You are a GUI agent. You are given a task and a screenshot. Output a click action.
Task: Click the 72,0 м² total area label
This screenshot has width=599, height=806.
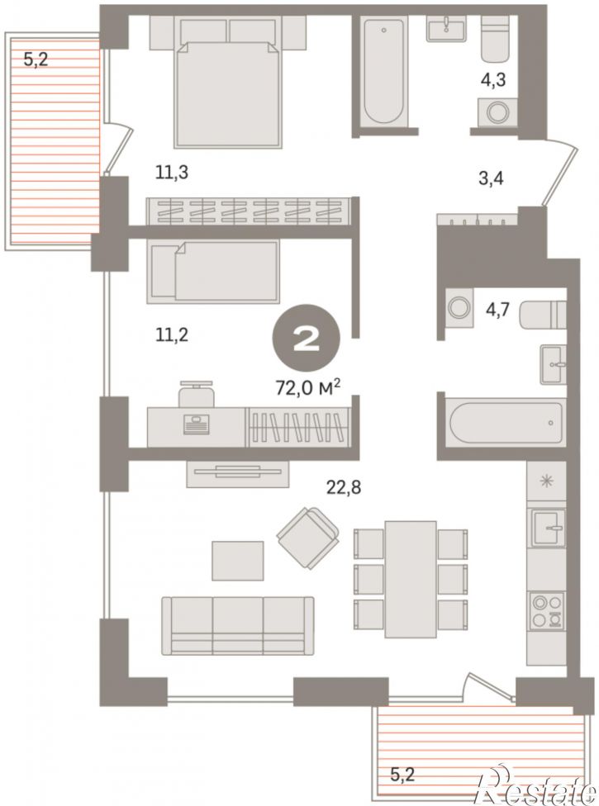308,387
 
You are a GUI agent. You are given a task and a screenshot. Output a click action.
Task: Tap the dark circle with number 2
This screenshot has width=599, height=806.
306,339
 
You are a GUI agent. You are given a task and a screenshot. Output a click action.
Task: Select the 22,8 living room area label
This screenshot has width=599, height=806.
344,486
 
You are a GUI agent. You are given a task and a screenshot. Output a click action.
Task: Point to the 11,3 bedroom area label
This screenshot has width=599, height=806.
172,173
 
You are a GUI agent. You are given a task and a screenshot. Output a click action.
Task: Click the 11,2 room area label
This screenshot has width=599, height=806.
172,334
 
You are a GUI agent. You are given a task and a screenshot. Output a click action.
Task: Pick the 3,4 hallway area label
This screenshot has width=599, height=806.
491,179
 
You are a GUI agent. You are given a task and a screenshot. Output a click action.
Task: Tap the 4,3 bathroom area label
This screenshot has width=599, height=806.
493,80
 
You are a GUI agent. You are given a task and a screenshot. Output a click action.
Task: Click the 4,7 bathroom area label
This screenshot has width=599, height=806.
497,310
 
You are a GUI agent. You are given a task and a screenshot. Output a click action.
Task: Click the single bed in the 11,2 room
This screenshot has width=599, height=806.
213,271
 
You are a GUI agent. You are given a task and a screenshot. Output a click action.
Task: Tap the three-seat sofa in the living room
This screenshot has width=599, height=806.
238,626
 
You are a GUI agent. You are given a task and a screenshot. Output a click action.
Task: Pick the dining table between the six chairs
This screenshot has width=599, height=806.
411,579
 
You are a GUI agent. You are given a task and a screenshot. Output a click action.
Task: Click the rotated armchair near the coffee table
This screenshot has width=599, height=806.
308,538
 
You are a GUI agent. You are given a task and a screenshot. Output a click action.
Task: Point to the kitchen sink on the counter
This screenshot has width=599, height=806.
548,528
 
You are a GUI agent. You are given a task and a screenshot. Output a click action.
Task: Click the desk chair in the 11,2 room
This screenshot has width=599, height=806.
196,393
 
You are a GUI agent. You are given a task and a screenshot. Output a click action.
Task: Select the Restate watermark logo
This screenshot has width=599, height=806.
536,789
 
